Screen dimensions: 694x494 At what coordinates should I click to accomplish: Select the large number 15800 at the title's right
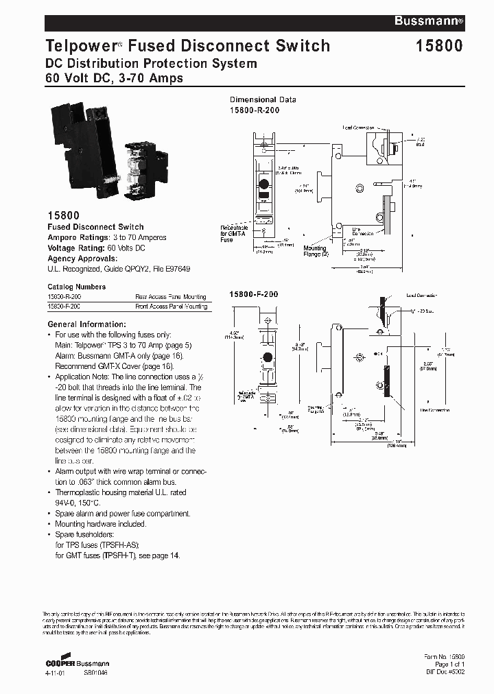pyautogui.click(x=438, y=46)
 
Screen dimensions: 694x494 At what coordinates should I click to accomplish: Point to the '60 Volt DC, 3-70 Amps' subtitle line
pyautogui.click(x=114, y=78)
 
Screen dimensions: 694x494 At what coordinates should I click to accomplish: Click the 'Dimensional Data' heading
pyautogui.click(x=263, y=99)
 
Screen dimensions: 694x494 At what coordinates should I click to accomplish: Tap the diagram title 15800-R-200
pyautogui.click(x=255, y=110)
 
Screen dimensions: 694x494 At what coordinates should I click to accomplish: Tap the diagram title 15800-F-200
pyautogui.click(x=253, y=294)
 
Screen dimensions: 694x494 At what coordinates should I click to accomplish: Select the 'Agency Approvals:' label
pyautogui.click(x=82, y=259)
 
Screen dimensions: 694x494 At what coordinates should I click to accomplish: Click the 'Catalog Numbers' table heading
pyautogui.click(x=76, y=287)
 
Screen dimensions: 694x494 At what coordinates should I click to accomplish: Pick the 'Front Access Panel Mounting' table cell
pyautogui.click(x=171, y=307)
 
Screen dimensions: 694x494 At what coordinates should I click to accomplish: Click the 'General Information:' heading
pyautogui.click(x=86, y=324)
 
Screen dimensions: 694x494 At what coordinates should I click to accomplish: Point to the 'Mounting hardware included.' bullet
pyautogui.click(x=100, y=524)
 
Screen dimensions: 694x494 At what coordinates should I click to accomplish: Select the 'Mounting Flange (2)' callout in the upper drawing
pyautogui.click(x=316, y=251)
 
